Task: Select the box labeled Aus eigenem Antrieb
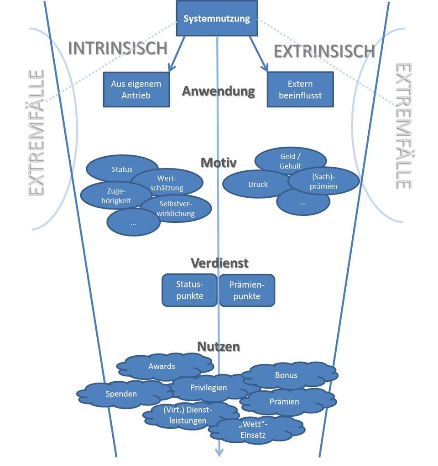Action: tap(136, 89)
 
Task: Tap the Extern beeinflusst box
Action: tap(300, 89)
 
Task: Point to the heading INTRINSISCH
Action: tap(118, 48)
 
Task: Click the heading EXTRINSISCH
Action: tap(324, 51)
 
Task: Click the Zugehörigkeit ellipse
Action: tap(112, 195)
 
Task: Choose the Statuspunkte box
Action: tap(189, 290)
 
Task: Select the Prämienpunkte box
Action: tap(247, 290)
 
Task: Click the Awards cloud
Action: tap(162, 366)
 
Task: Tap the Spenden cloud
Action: tap(121, 394)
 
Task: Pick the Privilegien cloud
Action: tap(209, 388)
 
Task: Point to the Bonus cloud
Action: tap(286, 375)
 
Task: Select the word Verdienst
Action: tap(219, 263)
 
